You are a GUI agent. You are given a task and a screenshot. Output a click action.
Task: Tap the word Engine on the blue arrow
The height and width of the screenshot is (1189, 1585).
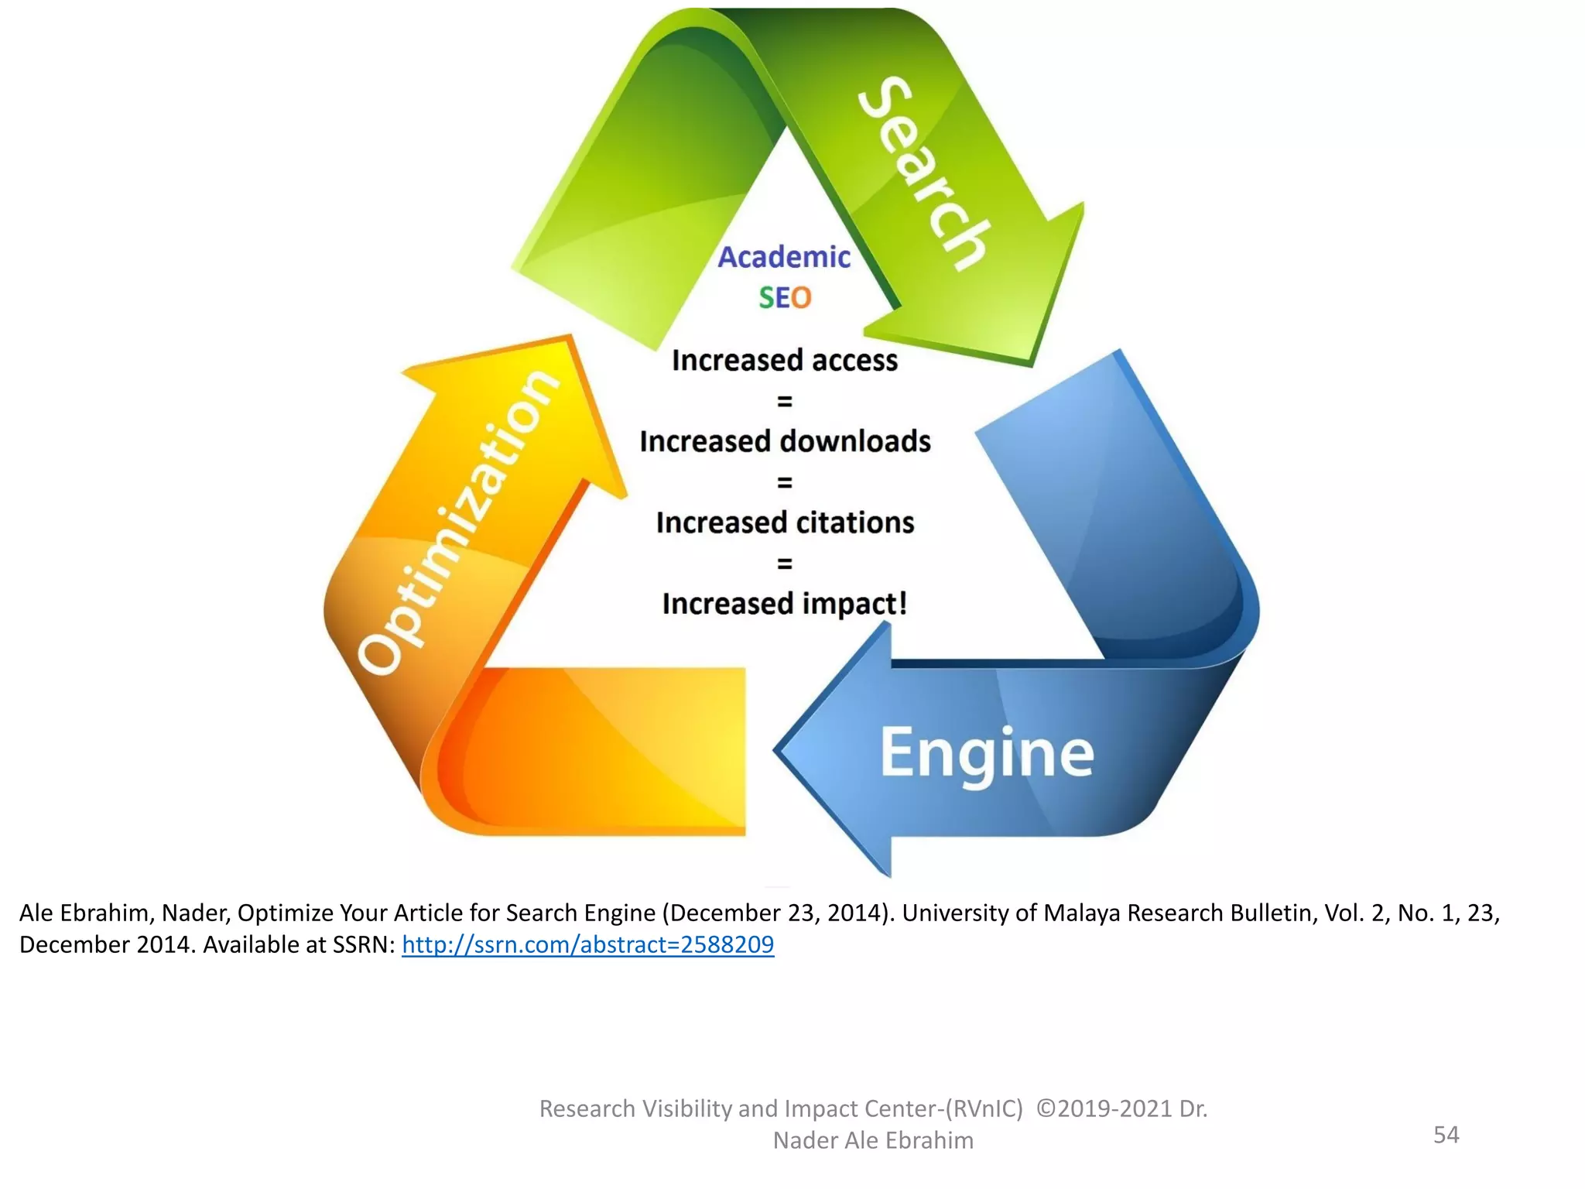point(987,753)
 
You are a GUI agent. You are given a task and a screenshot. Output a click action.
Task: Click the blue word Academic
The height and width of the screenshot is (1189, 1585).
point(784,257)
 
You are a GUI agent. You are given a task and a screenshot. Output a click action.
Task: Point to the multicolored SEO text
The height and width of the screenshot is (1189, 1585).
point(785,298)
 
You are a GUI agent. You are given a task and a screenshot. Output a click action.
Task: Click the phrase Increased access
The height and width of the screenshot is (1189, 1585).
point(784,361)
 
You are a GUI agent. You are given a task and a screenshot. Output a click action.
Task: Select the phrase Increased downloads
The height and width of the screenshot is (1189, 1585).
point(784,442)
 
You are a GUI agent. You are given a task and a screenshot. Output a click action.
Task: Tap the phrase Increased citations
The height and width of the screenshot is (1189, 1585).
point(784,523)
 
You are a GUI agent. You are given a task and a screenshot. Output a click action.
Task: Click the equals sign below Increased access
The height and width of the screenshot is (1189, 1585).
point(784,402)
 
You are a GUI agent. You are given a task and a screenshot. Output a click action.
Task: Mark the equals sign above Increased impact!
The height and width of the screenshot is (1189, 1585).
point(784,564)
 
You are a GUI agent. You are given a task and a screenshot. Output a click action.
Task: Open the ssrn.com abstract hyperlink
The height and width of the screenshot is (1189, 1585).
point(587,945)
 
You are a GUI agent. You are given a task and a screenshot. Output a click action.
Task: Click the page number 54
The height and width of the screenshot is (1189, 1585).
point(1446,1135)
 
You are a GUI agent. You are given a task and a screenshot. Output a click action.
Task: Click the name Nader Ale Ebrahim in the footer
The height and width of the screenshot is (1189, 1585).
point(873,1141)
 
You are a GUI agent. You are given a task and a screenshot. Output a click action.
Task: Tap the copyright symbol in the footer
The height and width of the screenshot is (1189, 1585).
point(1045,1109)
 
